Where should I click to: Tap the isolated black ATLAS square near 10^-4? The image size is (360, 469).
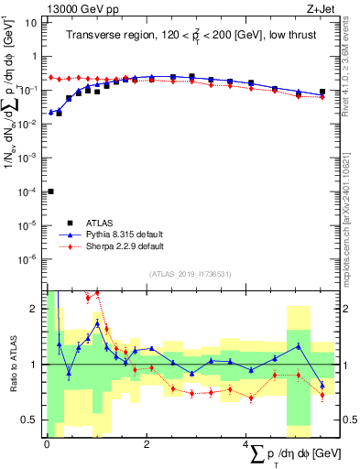click(50, 191)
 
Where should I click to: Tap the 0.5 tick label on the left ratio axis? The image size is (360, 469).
click(32, 420)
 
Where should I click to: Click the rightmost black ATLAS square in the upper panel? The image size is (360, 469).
click(322, 92)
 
